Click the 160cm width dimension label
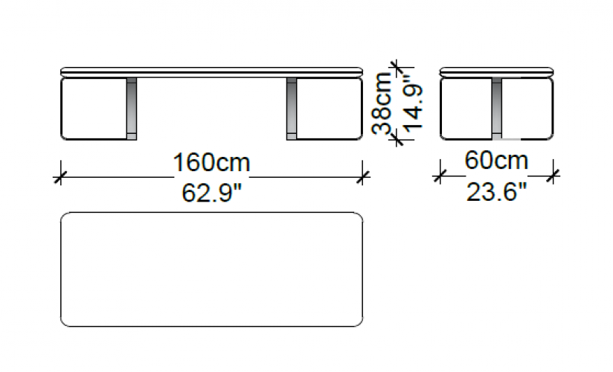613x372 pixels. coord(211,162)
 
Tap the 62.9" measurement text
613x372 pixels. coord(212,193)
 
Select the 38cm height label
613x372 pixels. coord(382,103)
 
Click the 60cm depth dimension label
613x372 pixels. coord(496,161)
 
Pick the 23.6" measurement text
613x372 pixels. coord(496,192)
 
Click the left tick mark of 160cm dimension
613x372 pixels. coord(60,178)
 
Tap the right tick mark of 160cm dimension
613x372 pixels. coord(363,178)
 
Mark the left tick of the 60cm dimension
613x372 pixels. coord(440,176)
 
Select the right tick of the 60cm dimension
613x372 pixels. coord(553,176)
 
